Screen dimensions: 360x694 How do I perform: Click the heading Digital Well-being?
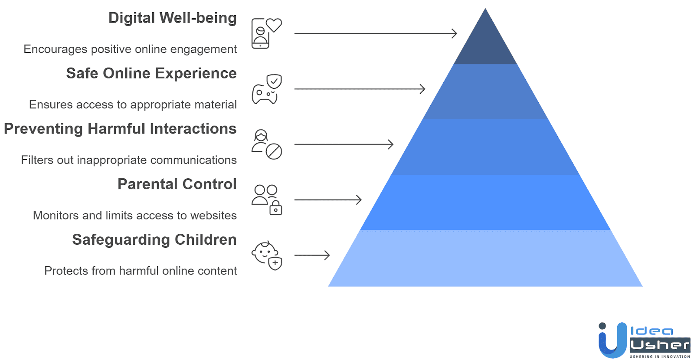(x=172, y=18)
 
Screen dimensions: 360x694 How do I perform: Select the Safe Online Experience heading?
(x=151, y=73)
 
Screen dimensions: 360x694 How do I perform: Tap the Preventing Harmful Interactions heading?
(x=120, y=129)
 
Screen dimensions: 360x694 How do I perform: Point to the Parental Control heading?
(x=177, y=184)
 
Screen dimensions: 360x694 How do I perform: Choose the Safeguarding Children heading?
(x=154, y=240)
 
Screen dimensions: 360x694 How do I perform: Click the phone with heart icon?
(x=266, y=33)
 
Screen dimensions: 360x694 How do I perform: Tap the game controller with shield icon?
(x=266, y=89)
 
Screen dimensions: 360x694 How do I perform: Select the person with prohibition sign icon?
(x=266, y=144)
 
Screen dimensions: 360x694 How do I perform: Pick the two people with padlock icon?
(x=266, y=200)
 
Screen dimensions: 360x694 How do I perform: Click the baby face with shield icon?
(x=266, y=255)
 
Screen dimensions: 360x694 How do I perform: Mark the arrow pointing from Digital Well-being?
(x=376, y=33)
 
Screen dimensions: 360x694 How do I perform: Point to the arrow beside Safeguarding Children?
(x=312, y=255)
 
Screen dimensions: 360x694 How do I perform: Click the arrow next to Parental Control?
(x=328, y=200)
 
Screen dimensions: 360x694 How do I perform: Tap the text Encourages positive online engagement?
(x=130, y=49)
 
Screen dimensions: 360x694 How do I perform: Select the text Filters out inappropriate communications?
(x=129, y=160)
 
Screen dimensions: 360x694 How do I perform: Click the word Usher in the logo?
(x=660, y=345)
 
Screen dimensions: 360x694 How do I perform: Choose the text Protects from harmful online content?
(x=141, y=271)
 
